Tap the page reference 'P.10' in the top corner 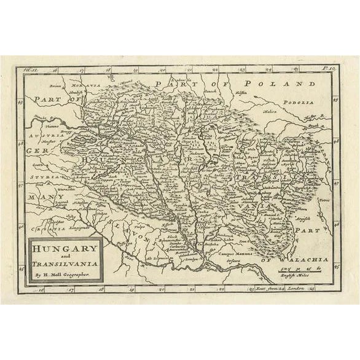point(326,71)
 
